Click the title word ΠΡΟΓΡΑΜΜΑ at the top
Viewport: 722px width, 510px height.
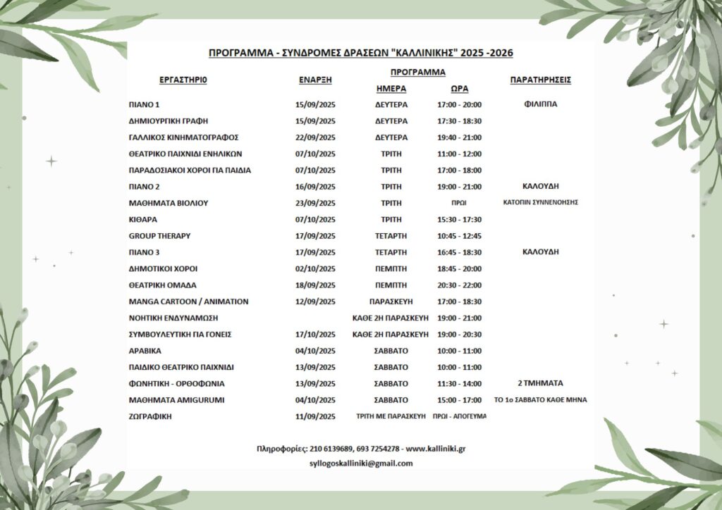[240, 53]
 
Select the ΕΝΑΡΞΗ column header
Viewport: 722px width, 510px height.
[315, 80]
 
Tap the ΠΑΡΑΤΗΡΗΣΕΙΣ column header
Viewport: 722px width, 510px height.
[540, 80]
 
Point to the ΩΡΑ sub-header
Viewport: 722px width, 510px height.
[459, 89]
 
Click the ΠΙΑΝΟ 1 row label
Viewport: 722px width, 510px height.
[145, 104]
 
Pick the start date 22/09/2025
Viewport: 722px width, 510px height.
[315, 137]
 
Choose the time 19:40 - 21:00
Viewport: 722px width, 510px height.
[459, 137]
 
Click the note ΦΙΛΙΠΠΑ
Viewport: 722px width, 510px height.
[540, 104]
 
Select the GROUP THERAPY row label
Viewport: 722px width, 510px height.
[159, 236]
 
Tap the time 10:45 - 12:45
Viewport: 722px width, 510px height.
[459, 236]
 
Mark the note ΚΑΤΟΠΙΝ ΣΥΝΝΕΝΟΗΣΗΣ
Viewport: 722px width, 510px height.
[540, 203]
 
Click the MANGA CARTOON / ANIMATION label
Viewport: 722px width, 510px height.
[188, 301]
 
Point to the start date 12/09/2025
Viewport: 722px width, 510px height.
[315, 301]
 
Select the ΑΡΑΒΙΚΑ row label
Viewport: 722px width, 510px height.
[145, 351]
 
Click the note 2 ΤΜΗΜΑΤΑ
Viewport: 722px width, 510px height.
[540, 384]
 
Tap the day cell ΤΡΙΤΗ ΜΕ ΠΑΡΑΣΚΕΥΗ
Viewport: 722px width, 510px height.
[391, 416]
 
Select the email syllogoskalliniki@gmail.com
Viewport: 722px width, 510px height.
[361, 464]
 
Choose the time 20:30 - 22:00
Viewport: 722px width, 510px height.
[459, 285]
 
